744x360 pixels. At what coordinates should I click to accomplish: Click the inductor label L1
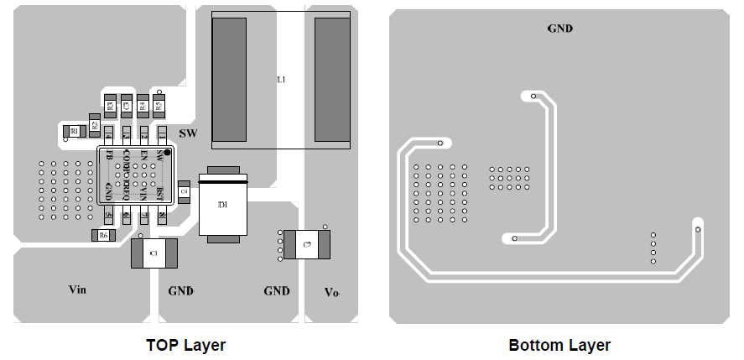pos(282,80)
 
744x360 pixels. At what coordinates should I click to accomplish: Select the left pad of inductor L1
pos(229,79)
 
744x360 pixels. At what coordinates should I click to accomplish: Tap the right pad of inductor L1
pos(332,79)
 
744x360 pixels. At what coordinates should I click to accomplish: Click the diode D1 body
pos(223,206)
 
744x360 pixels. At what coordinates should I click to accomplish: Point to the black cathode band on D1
pos(223,180)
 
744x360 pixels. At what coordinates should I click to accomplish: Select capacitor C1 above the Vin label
pos(153,253)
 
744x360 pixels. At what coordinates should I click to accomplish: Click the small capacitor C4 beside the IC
pos(184,192)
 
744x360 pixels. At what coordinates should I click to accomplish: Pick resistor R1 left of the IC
pos(74,131)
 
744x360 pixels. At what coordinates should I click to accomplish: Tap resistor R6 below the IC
pos(103,236)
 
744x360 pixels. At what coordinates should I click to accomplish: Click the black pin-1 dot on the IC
pos(167,153)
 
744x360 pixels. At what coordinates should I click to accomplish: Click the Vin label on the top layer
pos(77,290)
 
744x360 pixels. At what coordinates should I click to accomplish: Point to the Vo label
pos(331,292)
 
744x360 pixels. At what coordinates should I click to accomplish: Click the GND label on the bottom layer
pos(559,29)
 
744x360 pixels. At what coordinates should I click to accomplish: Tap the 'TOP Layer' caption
pos(185,345)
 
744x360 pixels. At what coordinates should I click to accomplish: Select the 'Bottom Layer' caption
pos(559,345)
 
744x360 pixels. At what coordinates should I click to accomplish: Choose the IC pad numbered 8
pos(162,216)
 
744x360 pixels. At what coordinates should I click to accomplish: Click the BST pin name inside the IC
pos(159,195)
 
